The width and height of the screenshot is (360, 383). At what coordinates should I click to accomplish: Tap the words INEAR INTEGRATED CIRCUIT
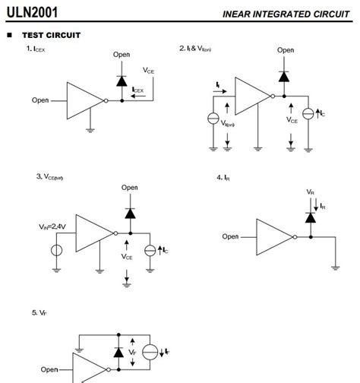coord(286,14)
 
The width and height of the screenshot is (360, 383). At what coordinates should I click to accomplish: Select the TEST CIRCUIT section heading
coord(50,35)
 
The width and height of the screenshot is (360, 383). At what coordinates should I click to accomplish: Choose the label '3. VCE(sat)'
coord(49,177)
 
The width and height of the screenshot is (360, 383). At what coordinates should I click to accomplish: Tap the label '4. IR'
coord(223,177)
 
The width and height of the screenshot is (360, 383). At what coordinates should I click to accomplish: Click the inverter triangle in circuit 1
coord(84,100)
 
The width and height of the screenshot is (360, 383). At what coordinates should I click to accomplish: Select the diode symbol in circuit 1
coord(122,79)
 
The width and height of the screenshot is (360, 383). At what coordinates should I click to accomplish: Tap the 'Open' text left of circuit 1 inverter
coord(40,100)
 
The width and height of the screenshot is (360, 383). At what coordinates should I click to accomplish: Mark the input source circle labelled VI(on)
coord(215,119)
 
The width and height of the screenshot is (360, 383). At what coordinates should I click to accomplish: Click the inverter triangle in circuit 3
coord(94,233)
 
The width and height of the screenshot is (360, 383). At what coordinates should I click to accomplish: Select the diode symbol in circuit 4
coord(310,218)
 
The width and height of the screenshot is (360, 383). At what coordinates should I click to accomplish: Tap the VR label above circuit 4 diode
coord(310,192)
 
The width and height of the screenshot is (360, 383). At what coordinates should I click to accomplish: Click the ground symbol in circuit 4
coord(335,266)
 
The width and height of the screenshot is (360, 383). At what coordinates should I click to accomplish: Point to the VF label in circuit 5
coord(133,352)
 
